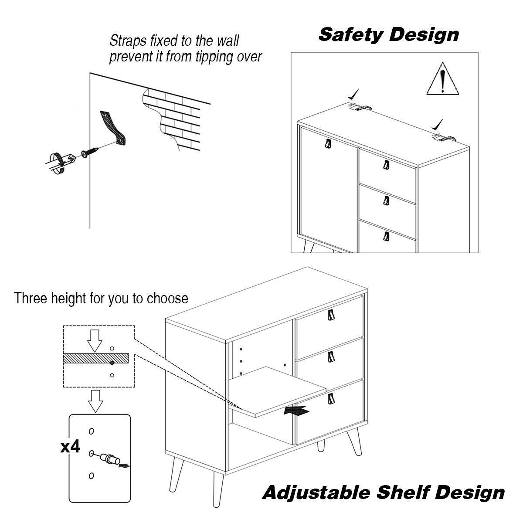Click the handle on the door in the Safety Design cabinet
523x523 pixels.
click(327, 144)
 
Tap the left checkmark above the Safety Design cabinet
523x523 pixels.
click(353, 93)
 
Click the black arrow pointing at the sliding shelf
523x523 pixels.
click(296, 411)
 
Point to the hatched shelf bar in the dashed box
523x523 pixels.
click(97, 358)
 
